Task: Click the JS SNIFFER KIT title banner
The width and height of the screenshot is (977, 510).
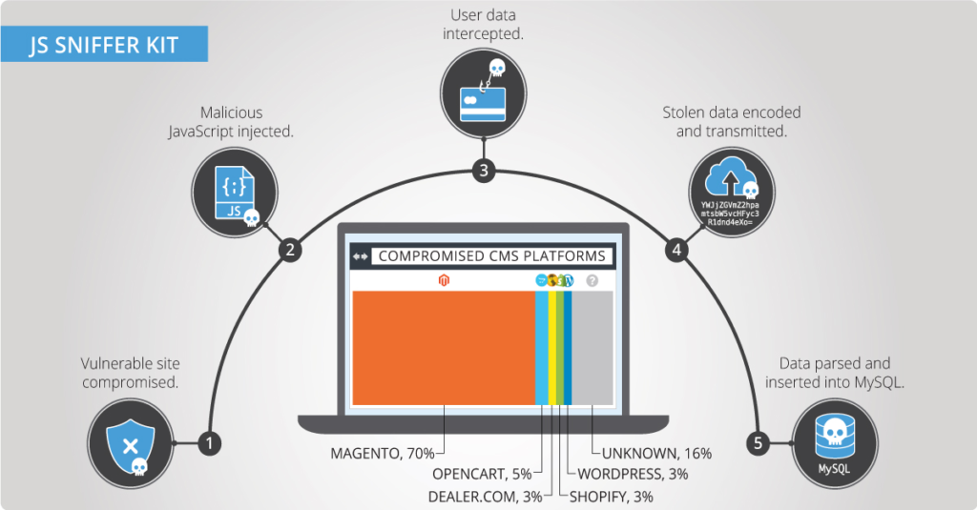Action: [104, 45]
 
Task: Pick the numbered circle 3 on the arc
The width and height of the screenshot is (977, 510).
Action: [485, 172]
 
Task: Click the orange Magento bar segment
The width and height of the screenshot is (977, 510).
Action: [444, 347]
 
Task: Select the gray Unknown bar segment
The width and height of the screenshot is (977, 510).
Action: [592, 347]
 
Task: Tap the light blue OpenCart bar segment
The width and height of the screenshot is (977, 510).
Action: [541, 347]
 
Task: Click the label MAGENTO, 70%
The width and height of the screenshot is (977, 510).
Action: [382, 453]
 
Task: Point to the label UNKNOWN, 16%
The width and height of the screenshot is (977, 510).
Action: [656, 453]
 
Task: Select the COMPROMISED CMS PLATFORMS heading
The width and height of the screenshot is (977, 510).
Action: [491, 256]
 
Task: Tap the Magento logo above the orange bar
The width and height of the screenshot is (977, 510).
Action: [443, 280]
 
